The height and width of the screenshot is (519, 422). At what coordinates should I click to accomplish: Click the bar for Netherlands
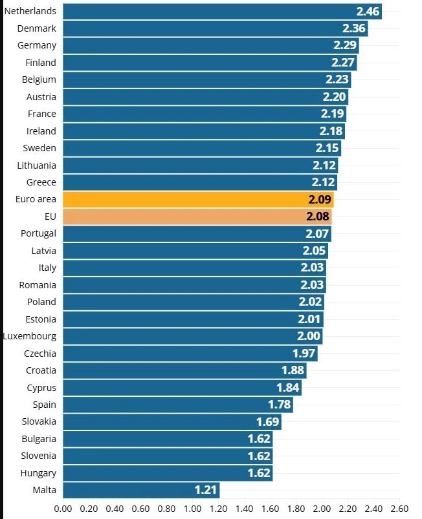coord(220,12)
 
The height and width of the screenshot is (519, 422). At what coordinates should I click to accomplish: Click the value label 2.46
coord(368,12)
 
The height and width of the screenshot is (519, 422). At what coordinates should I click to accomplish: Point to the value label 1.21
coord(206,490)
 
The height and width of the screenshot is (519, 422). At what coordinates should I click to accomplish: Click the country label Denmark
coord(37,28)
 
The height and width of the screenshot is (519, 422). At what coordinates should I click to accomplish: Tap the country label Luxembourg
coord(30,336)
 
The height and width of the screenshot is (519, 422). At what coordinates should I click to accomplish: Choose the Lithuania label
coord(37,165)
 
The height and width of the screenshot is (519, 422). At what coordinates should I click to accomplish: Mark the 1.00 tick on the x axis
coord(193,509)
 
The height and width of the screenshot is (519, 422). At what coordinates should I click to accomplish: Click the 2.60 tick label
coord(399,509)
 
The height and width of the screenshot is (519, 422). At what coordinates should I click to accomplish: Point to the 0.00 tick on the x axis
coord(63,509)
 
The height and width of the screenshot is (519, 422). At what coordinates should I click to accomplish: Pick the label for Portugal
coord(38,233)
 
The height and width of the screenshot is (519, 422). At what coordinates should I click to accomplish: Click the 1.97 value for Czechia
coord(305,354)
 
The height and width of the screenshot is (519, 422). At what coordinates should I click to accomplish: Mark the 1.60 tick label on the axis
coord(270,509)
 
